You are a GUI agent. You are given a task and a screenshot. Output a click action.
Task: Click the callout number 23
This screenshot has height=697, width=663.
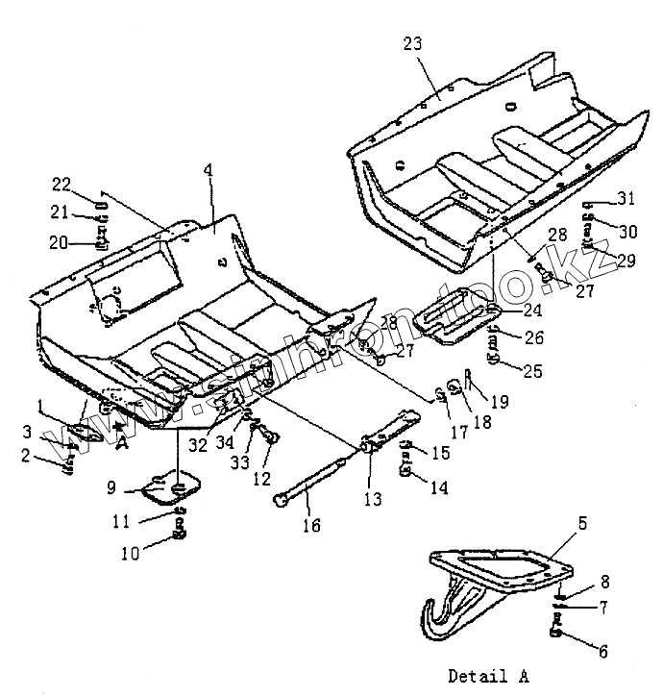pos(413,44)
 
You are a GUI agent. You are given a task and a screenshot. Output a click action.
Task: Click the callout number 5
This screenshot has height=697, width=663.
pos(582,523)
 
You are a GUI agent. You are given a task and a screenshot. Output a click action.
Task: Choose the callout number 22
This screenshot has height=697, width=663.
pos(61,184)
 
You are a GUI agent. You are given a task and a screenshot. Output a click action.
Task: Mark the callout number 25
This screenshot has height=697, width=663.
pos(531,368)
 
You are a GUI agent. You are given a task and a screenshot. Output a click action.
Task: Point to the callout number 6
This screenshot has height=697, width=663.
pos(602,651)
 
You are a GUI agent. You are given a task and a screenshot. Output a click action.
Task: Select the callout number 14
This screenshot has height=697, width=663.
pos(439,488)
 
